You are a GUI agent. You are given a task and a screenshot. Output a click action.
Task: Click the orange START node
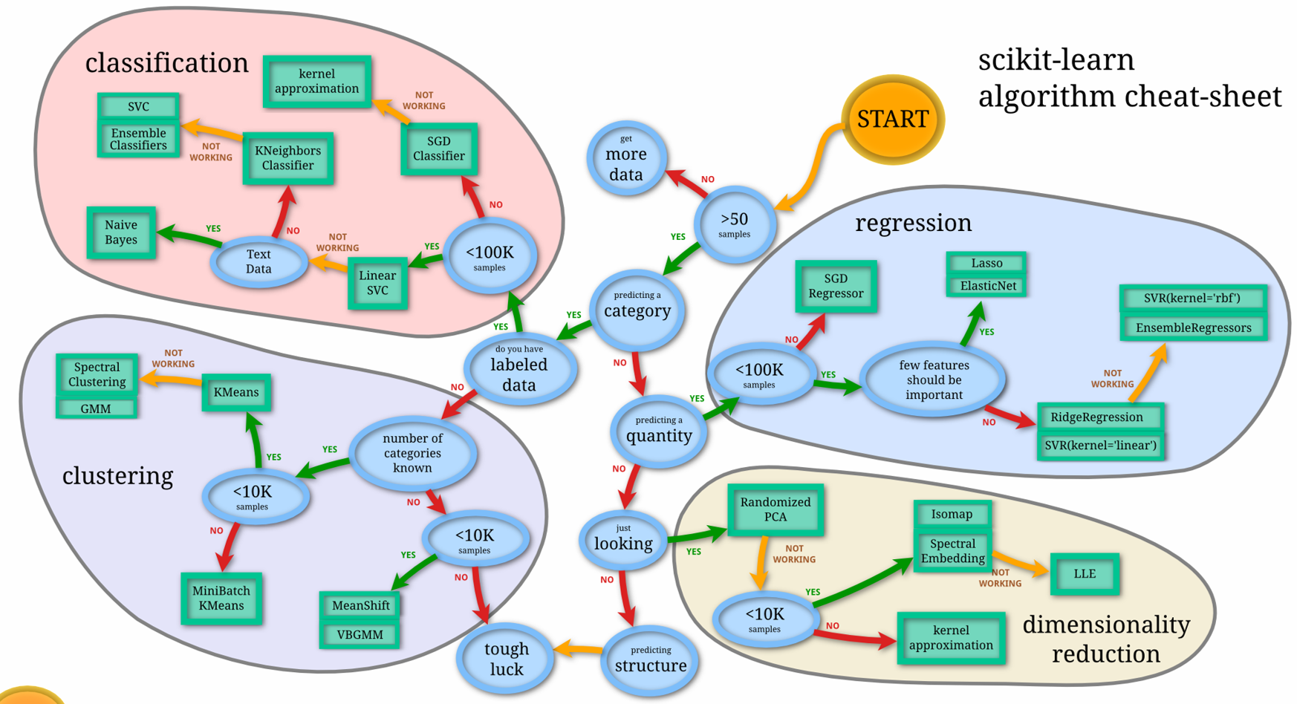click(892, 119)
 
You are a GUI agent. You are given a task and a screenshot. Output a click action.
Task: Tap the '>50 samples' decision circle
click(735, 224)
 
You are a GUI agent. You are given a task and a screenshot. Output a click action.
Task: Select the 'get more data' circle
click(626, 158)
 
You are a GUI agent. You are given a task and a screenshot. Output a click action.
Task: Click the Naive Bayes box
click(121, 232)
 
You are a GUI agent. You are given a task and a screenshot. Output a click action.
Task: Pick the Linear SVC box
click(377, 283)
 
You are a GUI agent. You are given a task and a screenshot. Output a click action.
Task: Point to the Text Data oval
click(259, 261)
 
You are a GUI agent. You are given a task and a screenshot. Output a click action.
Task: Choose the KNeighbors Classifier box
click(288, 158)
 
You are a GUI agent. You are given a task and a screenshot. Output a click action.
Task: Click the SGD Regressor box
click(836, 286)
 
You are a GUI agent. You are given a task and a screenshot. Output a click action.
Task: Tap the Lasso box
click(986, 263)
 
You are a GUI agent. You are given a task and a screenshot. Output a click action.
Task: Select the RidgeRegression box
click(1097, 417)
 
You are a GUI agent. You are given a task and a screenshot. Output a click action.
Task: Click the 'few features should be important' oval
click(934, 379)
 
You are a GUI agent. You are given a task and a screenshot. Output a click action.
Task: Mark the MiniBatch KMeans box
click(221, 598)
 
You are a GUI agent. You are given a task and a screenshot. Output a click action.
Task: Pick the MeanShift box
click(360, 605)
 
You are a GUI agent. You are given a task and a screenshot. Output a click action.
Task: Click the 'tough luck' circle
click(506, 659)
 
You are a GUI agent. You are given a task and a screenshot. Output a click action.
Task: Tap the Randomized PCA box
click(776, 509)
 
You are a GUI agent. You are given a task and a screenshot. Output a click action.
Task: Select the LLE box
click(1085, 573)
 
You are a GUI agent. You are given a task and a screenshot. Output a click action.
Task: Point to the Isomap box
click(952, 514)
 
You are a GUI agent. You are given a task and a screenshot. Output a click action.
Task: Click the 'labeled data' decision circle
click(519, 369)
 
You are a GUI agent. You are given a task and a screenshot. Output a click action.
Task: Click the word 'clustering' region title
click(117, 475)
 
